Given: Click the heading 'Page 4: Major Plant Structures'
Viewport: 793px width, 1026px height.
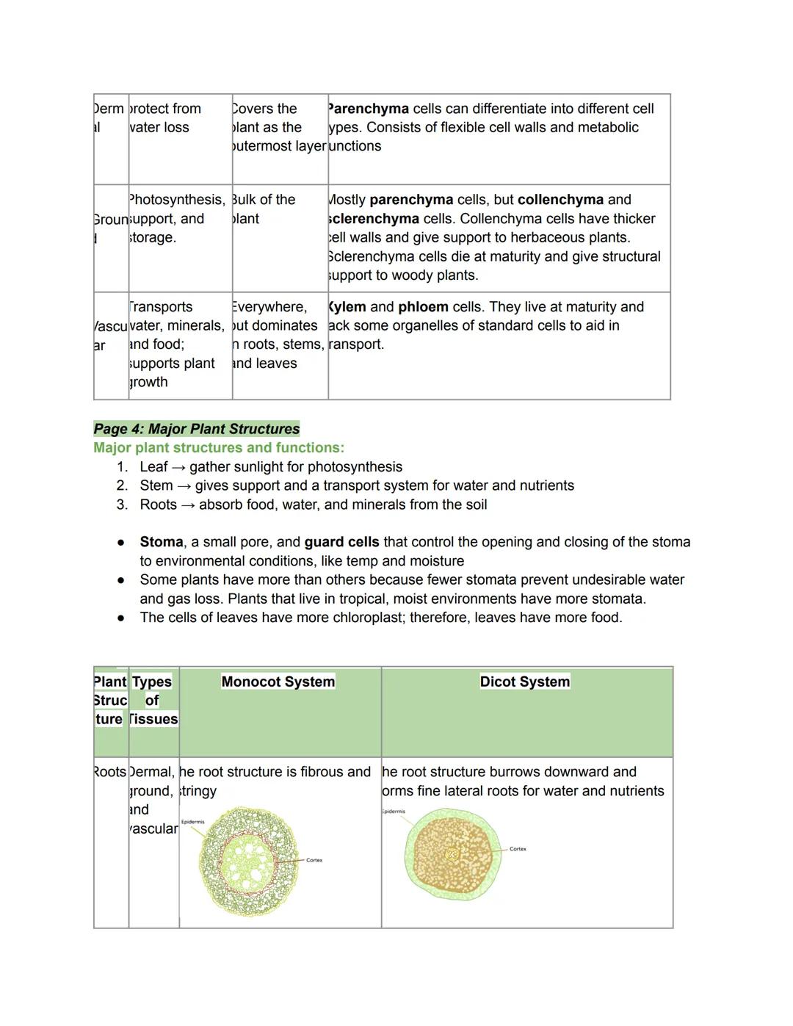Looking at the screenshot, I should [196, 429].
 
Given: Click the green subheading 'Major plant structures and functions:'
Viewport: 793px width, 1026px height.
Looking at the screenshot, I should [218, 448].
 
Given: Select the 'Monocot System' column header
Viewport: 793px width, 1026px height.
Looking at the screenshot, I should [278, 682].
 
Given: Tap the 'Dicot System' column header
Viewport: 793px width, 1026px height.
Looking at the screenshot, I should [524, 682].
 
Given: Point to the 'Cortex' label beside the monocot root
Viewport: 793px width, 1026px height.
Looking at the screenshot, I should [314, 860].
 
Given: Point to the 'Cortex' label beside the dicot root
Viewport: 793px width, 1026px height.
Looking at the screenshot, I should [518, 849].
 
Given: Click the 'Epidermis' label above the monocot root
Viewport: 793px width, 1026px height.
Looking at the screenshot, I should [192, 822].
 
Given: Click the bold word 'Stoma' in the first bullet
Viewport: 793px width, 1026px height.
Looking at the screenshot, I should [161, 542].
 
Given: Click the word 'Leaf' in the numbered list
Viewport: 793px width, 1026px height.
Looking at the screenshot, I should [153, 467].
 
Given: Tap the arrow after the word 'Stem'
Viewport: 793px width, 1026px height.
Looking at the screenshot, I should [185, 486].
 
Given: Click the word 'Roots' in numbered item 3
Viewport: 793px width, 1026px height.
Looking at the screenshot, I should [158, 505].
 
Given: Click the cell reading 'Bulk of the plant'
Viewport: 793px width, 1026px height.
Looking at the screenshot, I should [264, 209].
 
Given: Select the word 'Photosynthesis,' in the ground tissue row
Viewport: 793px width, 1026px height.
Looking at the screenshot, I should [177, 200].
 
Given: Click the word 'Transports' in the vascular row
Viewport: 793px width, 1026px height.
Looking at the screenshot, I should [161, 307].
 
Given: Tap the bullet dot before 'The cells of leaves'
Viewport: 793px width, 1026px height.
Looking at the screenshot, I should [120, 618].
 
